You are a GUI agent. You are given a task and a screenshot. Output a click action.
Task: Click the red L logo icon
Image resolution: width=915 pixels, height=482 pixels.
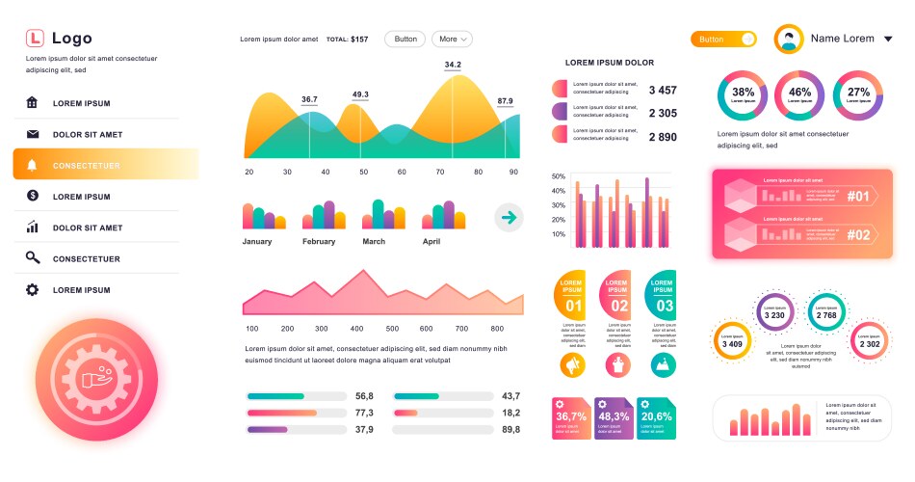click(x=35, y=39)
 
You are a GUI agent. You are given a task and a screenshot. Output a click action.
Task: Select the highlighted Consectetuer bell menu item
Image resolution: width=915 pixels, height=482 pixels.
click(x=105, y=165)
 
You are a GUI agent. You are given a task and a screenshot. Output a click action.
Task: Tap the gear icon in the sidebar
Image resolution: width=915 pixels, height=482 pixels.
click(x=33, y=289)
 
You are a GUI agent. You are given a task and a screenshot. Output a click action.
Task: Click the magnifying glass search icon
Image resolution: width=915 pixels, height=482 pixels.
click(x=33, y=258)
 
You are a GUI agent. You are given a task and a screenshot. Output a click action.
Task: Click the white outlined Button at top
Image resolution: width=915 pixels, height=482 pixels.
click(x=405, y=40)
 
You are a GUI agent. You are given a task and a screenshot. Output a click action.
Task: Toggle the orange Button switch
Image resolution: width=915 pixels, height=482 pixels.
click(x=723, y=40)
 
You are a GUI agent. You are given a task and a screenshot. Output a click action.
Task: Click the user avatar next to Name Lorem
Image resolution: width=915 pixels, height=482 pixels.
click(x=790, y=40)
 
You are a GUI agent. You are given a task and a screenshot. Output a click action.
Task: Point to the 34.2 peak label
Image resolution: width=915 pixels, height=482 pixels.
click(x=453, y=66)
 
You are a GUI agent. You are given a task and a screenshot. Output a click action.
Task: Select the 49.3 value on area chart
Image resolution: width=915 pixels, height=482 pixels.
click(x=360, y=94)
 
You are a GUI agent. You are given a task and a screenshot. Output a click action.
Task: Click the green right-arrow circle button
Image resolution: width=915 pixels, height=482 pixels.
click(x=509, y=218)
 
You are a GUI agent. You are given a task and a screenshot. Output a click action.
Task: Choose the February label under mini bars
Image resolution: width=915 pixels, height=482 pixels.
click(x=319, y=242)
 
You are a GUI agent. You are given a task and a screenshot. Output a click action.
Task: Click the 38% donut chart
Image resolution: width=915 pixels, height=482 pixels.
click(x=743, y=94)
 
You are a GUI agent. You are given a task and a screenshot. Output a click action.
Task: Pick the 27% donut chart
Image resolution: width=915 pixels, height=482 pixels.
click(x=858, y=94)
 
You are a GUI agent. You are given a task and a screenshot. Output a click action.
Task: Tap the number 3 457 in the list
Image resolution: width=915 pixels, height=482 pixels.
click(x=663, y=90)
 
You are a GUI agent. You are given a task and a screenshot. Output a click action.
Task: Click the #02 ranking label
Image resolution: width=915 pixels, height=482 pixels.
click(x=858, y=234)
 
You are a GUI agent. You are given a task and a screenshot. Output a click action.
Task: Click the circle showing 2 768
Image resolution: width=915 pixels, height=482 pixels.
click(x=826, y=313)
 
